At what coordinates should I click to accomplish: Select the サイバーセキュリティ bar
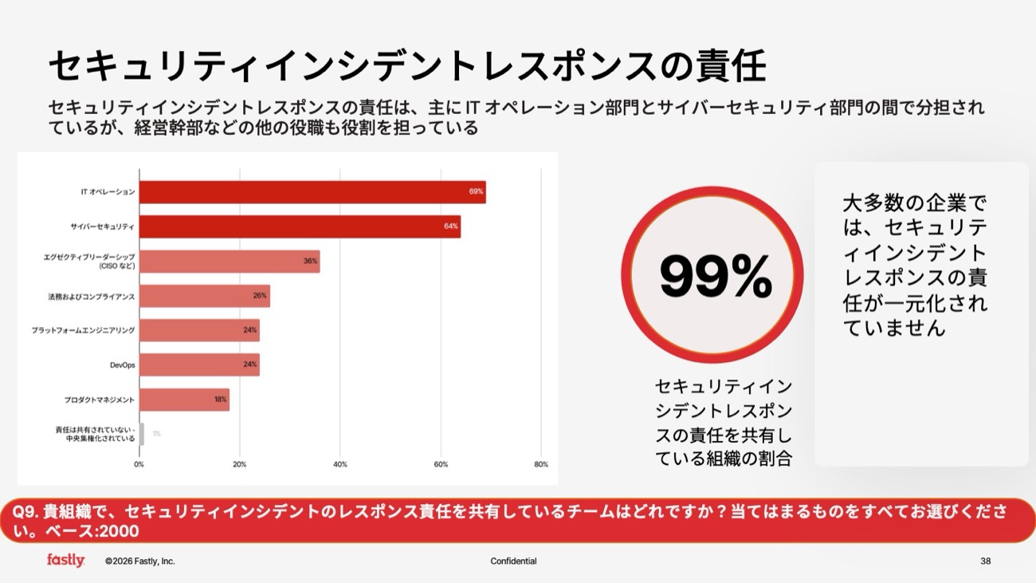point(300,227)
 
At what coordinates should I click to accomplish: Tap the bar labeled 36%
point(230,262)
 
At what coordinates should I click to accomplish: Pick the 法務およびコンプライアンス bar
point(205,296)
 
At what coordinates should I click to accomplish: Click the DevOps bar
point(199,364)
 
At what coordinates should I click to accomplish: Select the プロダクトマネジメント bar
point(184,400)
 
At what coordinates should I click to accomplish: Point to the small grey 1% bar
point(142,434)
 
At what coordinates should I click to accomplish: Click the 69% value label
point(476,192)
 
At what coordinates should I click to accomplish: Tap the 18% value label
point(220,400)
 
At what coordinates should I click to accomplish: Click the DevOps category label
point(122,364)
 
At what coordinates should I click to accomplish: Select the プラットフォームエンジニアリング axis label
point(83,330)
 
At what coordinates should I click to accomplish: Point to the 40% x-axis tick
point(340,464)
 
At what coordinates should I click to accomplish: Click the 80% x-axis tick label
point(540,464)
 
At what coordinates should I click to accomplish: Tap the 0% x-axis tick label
point(139,464)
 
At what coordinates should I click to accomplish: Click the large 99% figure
point(715,277)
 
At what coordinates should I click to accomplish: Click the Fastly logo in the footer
point(65,561)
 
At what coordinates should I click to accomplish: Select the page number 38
point(986,561)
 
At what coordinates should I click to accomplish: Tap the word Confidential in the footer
point(513,561)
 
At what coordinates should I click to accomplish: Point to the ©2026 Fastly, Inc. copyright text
point(139,561)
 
